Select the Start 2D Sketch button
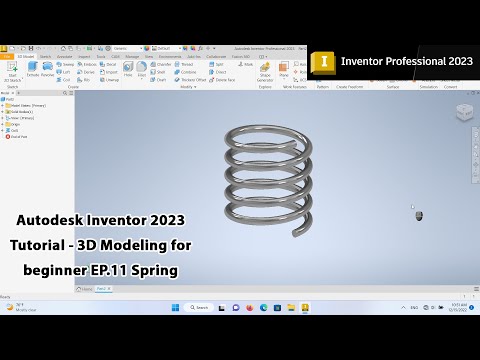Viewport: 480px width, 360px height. (x=14, y=75)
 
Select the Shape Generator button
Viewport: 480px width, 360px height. (x=265, y=74)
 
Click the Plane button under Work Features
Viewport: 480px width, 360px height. (x=284, y=73)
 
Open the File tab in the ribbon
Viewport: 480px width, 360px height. (x=7, y=56)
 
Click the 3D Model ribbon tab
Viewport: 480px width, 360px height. (x=21, y=56)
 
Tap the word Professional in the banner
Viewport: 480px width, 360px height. (x=406, y=61)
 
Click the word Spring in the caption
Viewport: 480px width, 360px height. (x=157, y=271)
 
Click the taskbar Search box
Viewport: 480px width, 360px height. (x=197, y=307)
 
